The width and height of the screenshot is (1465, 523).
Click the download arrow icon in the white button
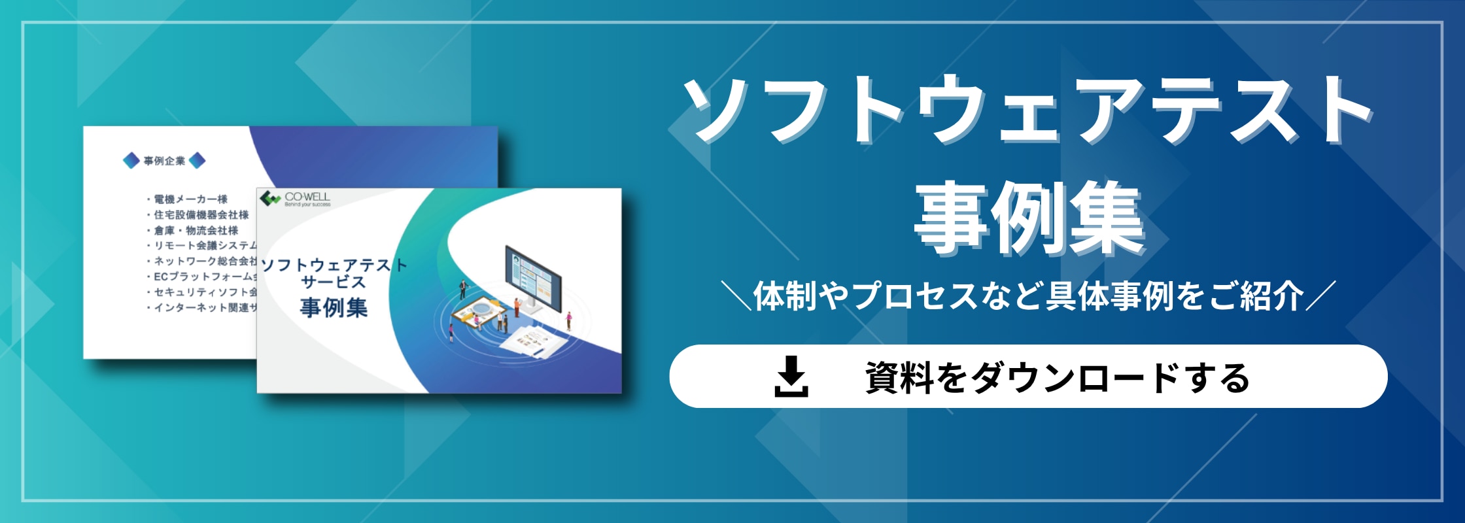[x=791, y=377]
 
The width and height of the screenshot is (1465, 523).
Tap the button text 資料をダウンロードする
[x=1057, y=378]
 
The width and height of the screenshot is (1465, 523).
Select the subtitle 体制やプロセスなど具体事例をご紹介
[x=1028, y=296]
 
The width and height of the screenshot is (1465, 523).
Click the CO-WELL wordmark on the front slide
[x=307, y=196]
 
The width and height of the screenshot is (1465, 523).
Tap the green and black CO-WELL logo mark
[x=269, y=197]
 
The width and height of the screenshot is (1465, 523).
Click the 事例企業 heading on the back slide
[x=164, y=161]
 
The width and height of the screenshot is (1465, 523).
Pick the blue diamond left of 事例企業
[x=131, y=160]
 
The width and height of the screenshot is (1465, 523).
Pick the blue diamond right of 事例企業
[x=197, y=160]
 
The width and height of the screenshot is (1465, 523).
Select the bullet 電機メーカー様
[x=190, y=199]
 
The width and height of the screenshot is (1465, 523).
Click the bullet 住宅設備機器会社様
[x=201, y=214]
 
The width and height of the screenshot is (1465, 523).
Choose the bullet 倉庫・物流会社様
[x=196, y=230]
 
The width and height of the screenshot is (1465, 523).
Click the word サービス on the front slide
[x=333, y=282]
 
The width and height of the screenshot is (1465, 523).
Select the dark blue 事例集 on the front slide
[x=334, y=307]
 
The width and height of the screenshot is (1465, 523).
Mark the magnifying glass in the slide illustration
[x=481, y=307]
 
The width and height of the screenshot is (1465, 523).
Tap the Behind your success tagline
[x=307, y=205]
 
